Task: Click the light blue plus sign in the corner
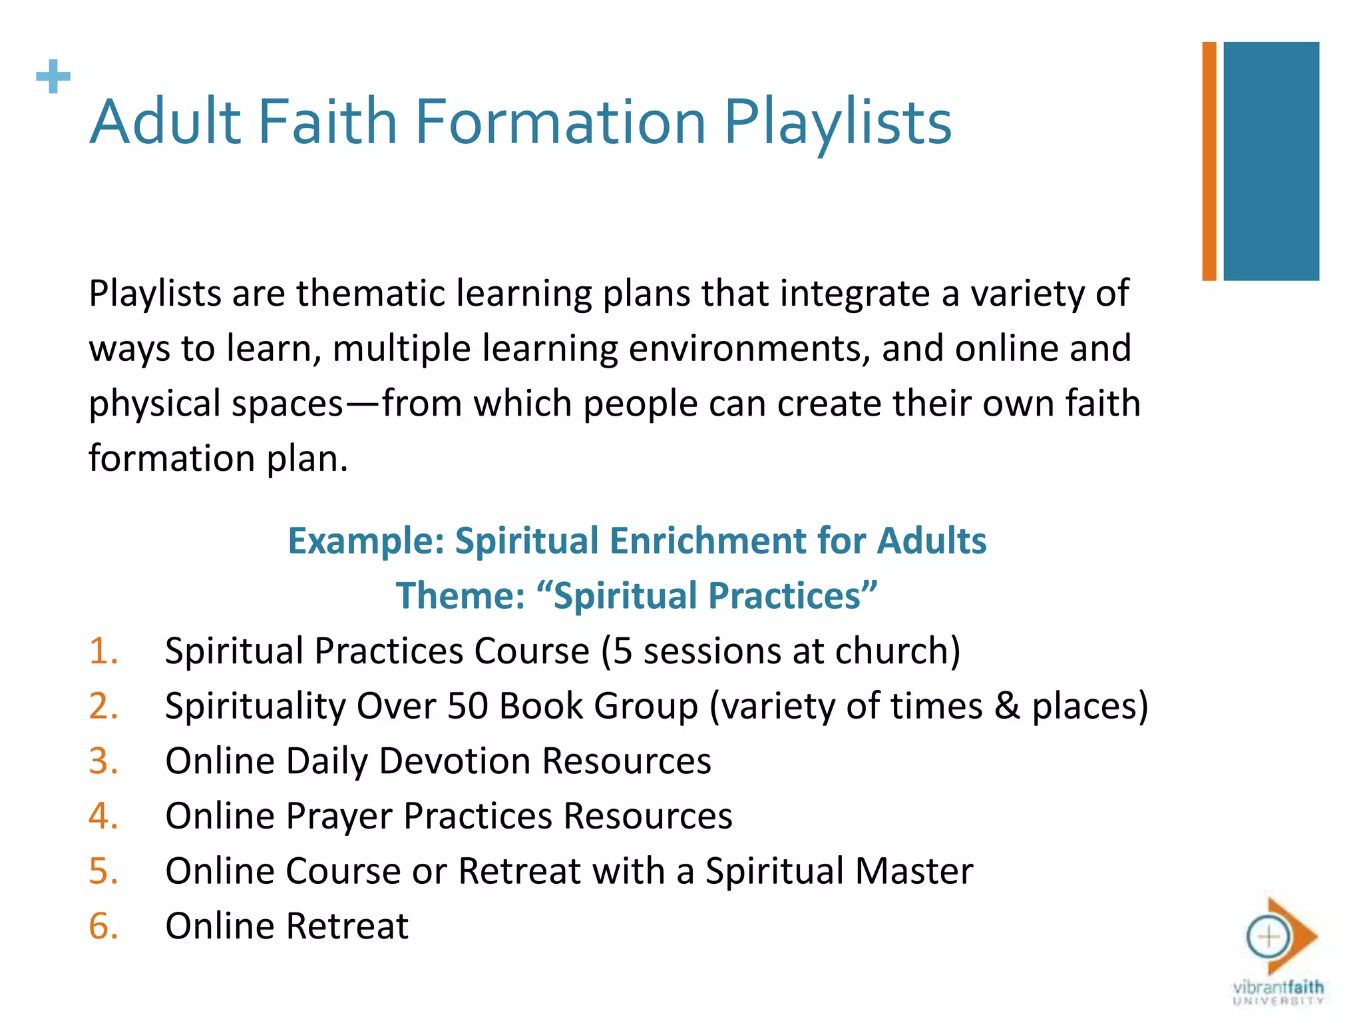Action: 53,77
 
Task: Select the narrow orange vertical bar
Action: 1209,161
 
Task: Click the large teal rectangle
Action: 1271,161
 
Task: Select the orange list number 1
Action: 103,651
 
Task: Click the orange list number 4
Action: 103,816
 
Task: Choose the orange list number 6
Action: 103,926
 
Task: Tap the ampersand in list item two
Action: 1007,706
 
